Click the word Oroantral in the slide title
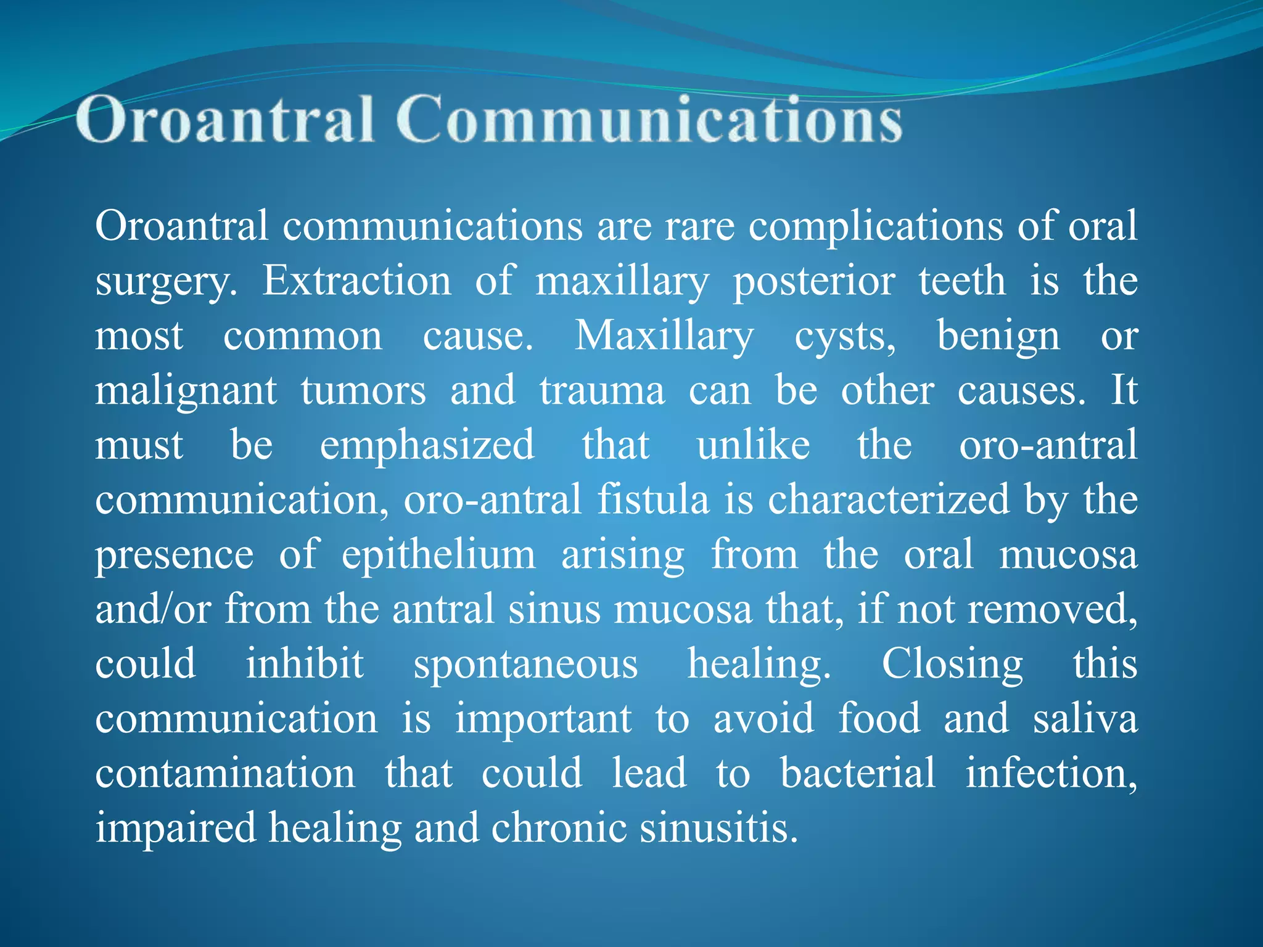[225, 119]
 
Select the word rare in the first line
[699, 226]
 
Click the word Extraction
[357, 281]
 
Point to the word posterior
[813, 282]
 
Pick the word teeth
[962, 281]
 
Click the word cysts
[844, 337]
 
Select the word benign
[998, 337]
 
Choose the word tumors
[363, 390]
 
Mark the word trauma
[603, 390]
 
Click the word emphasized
[427, 445]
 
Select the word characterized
[889, 499]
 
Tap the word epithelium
[438, 554]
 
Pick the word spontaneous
[525, 665]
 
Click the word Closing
[952, 665]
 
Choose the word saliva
[1085, 718]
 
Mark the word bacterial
[858, 773]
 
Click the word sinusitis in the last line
[718, 827]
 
